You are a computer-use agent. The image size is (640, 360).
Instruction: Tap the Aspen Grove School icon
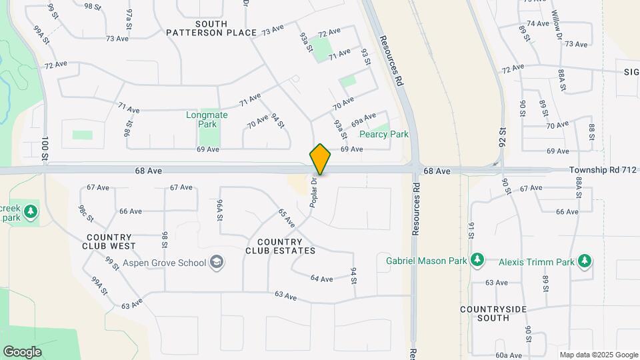pyautogui.click(x=217, y=263)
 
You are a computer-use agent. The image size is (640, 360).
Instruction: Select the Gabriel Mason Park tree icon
pyautogui.click(x=477, y=261)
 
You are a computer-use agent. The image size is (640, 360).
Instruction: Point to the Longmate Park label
pyautogui.click(x=207, y=119)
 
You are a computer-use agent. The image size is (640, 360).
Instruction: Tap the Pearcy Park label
pyautogui.click(x=383, y=134)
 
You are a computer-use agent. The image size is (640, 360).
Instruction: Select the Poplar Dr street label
pyautogui.click(x=312, y=193)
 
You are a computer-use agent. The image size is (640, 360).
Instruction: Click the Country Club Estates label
pyautogui.click(x=280, y=246)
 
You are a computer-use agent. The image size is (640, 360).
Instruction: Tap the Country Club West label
pyautogui.click(x=111, y=241)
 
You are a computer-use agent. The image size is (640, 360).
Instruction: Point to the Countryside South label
pyautogui.click(x=494, y=313)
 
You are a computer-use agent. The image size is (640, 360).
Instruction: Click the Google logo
pyautogui.click(x=22, y=352)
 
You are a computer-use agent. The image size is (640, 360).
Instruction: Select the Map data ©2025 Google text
pyautogui.click(x=598, y=355)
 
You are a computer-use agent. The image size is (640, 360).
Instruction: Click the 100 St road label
pyautogui.click(x=45, y=148)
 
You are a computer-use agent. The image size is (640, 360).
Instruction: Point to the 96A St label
pyautogui.click(x=218, y=209)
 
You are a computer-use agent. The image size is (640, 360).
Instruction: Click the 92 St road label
pyautogui.click(x=501, y=138)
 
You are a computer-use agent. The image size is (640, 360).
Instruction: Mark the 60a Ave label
pyautogui.click(x=508, y=355)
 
